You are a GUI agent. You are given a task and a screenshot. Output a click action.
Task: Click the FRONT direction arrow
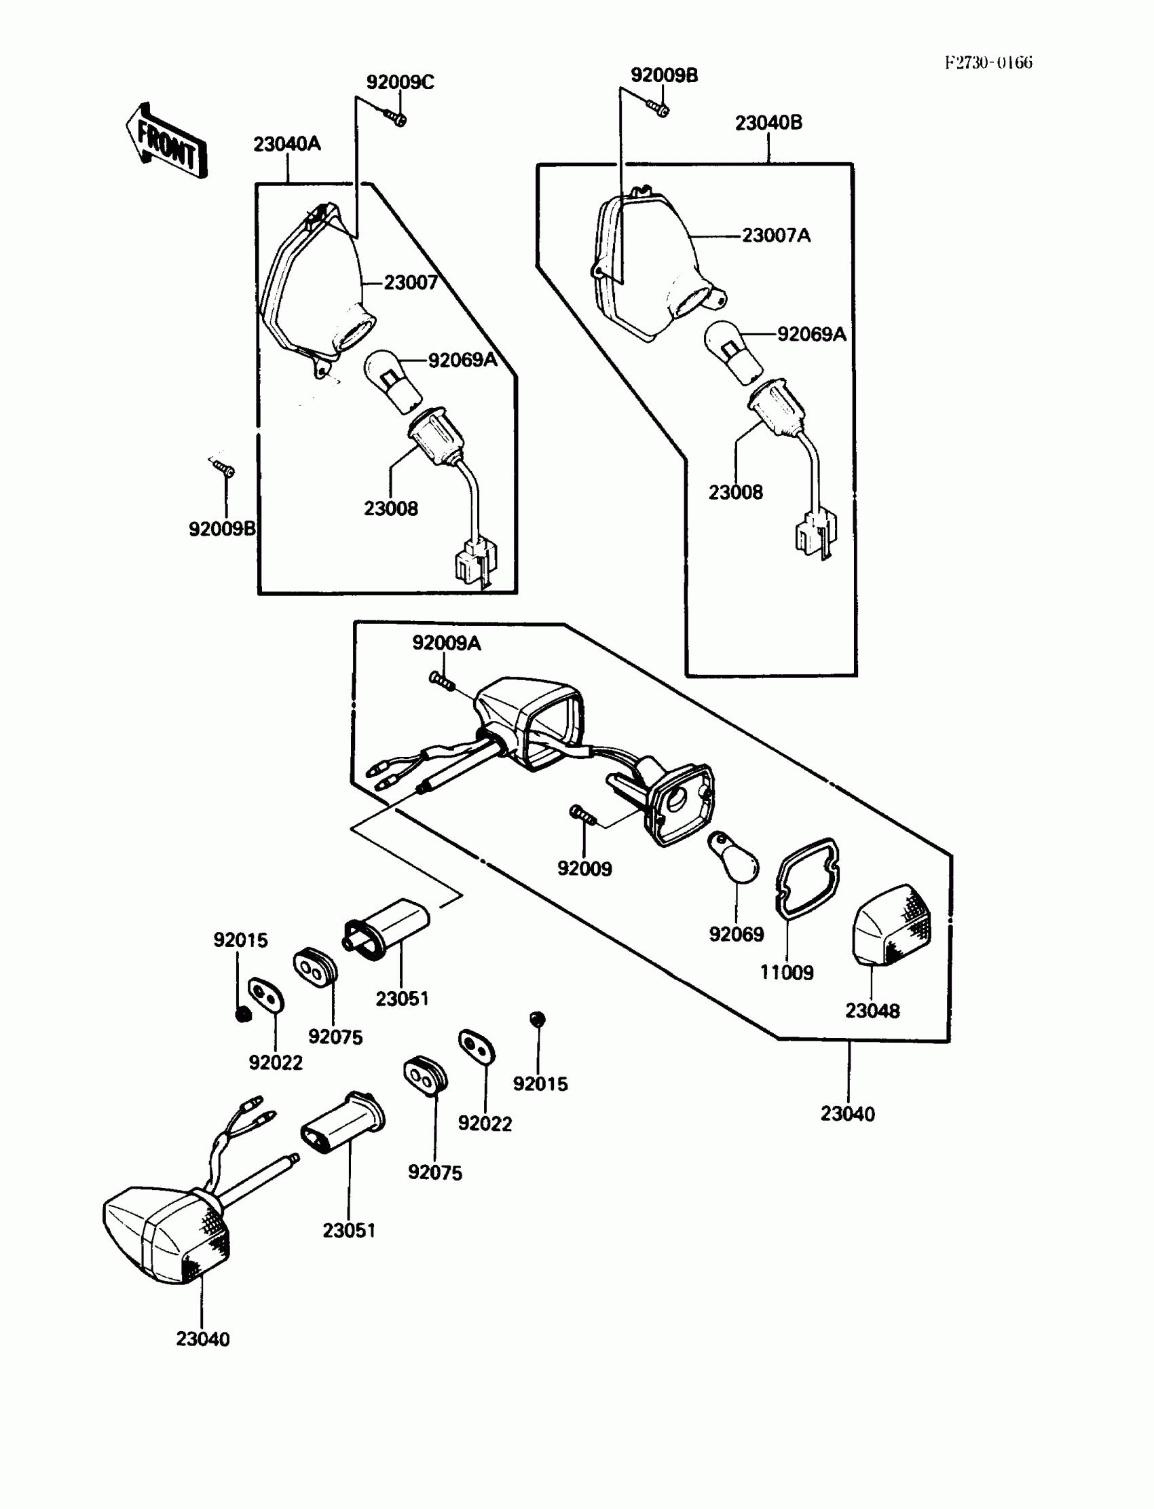167,141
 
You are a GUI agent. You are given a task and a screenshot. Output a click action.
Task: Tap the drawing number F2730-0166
988,63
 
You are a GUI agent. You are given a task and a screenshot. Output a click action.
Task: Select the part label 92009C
400,82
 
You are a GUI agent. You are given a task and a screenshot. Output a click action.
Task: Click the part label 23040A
286,144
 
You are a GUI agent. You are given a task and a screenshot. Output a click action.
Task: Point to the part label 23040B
768,123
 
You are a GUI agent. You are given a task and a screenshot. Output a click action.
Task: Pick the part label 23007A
776,236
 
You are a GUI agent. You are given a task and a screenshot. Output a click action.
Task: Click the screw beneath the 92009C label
396,118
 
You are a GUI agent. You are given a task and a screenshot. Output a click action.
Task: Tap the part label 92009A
446,643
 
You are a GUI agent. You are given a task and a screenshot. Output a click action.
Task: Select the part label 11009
787,973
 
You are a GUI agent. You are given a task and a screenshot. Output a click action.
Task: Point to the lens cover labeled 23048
891,924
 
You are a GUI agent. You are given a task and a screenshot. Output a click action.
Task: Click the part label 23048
872,1011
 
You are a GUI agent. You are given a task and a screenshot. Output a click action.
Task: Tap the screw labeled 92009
582,816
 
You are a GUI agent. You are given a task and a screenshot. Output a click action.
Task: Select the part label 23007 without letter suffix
410,283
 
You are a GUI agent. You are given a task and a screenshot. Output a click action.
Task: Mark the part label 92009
584,869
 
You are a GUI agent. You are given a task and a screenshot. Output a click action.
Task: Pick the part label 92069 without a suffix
737,934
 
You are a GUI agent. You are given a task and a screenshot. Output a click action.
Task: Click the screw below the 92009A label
442,682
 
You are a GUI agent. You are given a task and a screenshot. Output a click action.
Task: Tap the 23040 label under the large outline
848,1114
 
